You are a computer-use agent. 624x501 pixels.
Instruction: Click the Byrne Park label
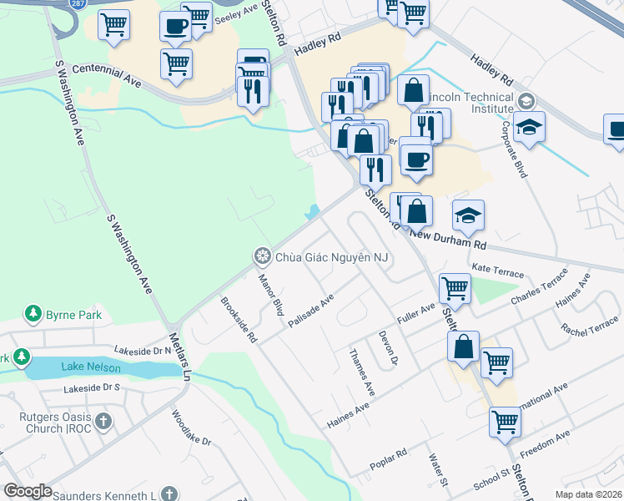click(73, 315)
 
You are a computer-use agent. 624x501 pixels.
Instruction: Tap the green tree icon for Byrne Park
click(33, 314)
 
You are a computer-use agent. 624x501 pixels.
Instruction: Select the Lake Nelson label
click(90, 367)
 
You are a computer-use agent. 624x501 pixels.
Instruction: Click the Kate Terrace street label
click(497, 273)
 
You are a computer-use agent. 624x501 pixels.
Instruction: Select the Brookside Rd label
click(238, 320)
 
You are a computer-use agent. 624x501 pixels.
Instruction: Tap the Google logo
click(28, 491)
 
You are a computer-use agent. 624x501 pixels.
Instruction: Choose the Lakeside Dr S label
click(92, 388)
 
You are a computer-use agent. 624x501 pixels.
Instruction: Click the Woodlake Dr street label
click(188, 426)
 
